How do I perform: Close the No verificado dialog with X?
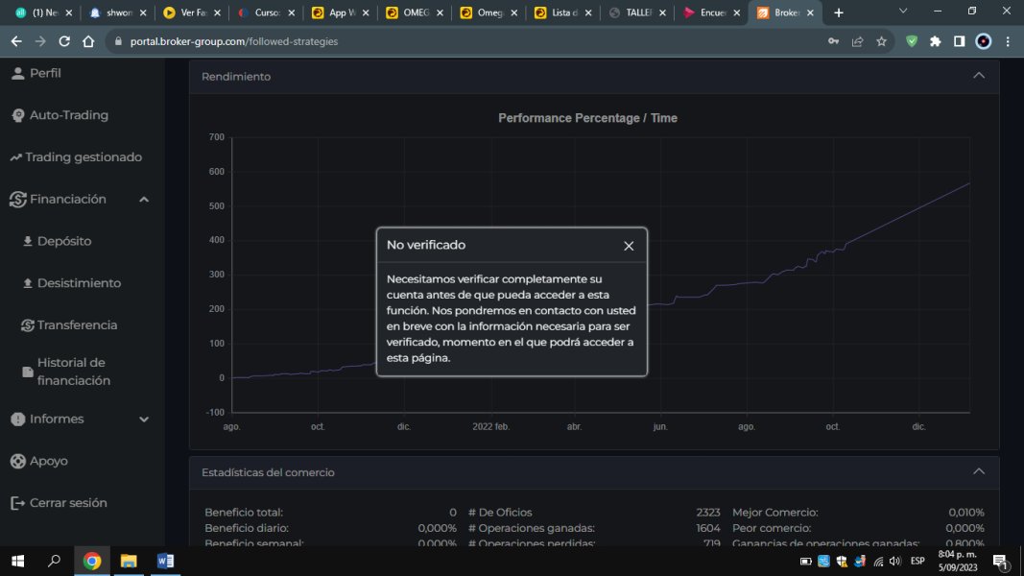click(x=629, y=246)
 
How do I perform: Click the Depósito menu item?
click(x=63, y=241)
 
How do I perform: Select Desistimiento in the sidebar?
click(x=79, y=283)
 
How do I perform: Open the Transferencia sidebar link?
click(x=77, y=325)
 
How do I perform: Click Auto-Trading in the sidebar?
click(x=68, y=115)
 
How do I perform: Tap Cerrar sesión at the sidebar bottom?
click(x=68, y=503)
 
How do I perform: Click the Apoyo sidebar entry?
click(x=48, y=461)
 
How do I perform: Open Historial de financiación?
click(x=73, y=372)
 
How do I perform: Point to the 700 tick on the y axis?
click(x=216, y=137)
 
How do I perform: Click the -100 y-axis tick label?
click(x=214, y=412)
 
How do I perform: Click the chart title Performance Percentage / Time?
click(x=587, y=118)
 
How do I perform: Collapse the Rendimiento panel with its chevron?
click(x=978, y=76)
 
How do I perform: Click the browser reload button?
click(x=64, y=41)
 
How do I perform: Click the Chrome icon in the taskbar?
click(x=92, y=562)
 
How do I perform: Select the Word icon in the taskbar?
click(x=165, y=562)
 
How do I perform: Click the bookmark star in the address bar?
click(x=881, y=41)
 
